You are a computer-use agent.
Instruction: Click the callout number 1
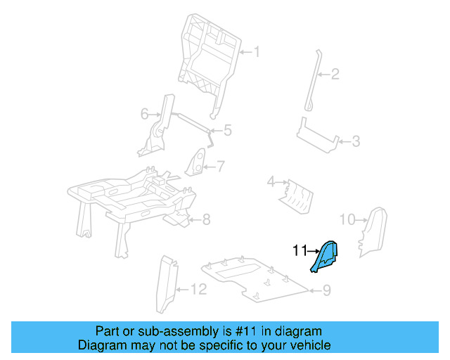[x=257, y=51]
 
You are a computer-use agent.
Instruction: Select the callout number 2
[x=336, y=74]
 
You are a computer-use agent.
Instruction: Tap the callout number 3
[x=356, y=142]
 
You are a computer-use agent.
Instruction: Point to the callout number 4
[x=271, y=183]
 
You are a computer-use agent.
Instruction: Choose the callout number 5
[x=227, y=130]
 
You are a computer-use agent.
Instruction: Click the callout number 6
[x=145, y=113]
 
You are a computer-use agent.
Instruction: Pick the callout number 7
[x=220, y=167]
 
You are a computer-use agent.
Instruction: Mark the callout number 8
[x=206, y=220]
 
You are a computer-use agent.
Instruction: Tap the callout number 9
[x=326, y=290]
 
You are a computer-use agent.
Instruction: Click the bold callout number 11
[x=300, y=250]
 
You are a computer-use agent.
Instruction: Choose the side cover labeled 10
[x=374, y=229]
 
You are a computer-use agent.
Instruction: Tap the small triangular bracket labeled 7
[x=199, y=164]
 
